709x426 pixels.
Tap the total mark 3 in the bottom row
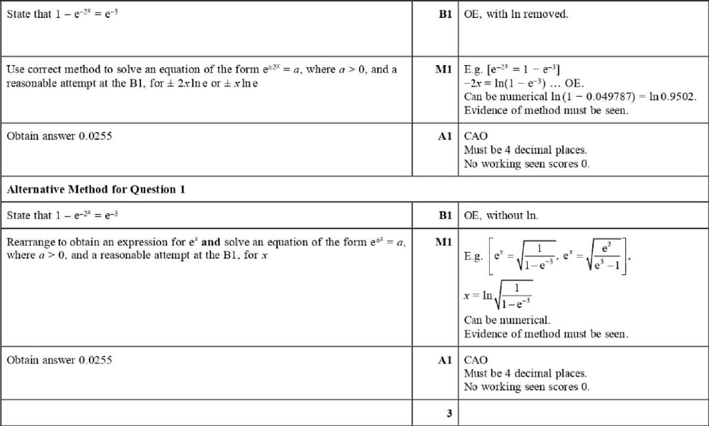pyautogui.click(x=449, y=413)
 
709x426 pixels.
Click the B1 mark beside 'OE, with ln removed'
pyautogui.click(x=445, y=14)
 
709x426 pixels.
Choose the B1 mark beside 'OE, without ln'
pyautogui.click(x=445, y=216)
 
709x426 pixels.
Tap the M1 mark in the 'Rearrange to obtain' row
pyautogui.click(x=443, y=242)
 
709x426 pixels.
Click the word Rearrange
pyautogui.click(x=28, y=242)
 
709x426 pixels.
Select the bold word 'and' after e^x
pyautogui.click(x=211, y=242)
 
